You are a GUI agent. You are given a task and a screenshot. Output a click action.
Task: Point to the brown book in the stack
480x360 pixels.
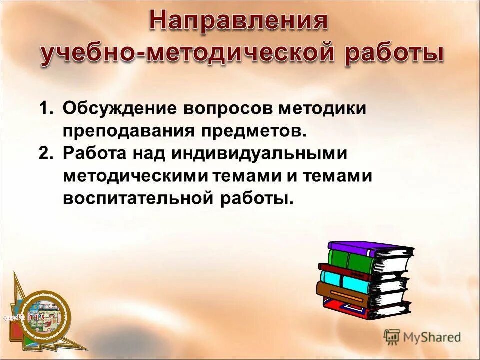pos(345,296)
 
